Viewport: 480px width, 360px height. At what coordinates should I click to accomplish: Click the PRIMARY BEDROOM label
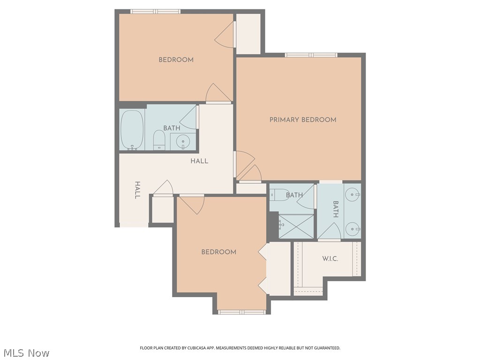(x=303, y=120)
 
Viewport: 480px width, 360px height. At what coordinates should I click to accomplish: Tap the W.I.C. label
(x=330, y=259)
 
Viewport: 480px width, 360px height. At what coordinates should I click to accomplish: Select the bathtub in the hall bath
(x=132, y=130)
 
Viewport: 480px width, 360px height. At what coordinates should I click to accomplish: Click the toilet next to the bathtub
(x=159, y=140)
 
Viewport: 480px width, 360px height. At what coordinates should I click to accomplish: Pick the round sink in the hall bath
(x=183, y=141)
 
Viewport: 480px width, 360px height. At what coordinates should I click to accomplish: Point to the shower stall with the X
(x=296, y=226)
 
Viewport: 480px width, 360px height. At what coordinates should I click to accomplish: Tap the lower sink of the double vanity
(x=353, y=229)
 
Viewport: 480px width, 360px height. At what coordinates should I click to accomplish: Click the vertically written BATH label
(x=336, y=210)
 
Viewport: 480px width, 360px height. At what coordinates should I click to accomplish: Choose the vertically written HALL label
(x=137, y=190)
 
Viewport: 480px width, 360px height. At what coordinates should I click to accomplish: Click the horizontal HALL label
(x=199, y=161)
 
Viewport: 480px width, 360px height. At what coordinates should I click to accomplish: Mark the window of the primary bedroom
(x=311, y=55)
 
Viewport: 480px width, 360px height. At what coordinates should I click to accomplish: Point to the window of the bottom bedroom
(x=242, y=312)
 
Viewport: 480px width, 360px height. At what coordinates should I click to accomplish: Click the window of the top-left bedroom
(x=155, y=11)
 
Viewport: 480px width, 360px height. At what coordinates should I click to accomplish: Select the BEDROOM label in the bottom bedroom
(x=218, y=252)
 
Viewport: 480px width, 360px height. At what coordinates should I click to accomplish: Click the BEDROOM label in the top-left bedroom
(x=176, y=60)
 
